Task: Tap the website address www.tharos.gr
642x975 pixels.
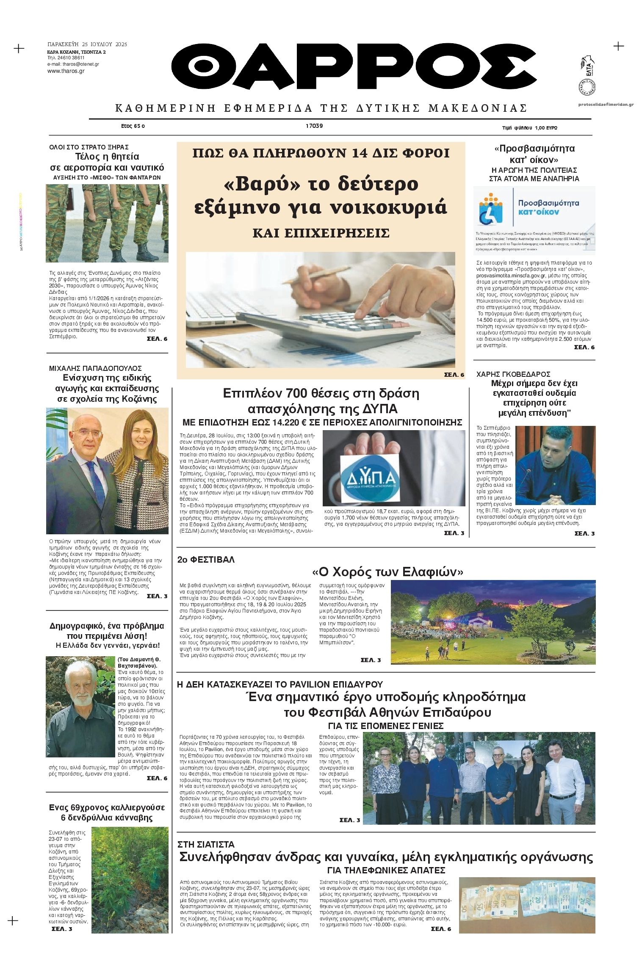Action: click(66, 71)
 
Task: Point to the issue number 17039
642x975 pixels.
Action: click(314, 126)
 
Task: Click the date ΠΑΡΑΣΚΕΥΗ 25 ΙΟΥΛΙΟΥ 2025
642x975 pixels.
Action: click(87, 44)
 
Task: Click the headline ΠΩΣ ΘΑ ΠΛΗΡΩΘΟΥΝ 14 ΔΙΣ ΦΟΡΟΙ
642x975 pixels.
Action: click(321, 153)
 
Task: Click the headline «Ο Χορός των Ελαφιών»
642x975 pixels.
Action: click(387, 572)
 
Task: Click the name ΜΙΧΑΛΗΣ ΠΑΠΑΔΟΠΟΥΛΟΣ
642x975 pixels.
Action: click(95, 368)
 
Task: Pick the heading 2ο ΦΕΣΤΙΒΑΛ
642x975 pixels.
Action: click(206, 560)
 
